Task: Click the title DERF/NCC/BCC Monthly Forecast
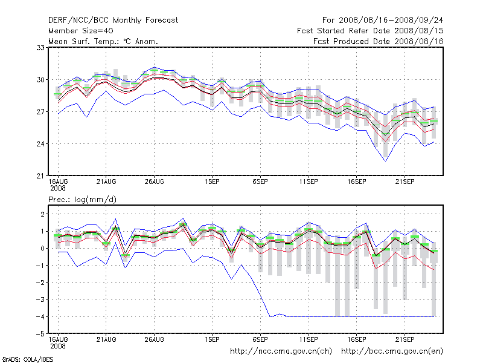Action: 113,20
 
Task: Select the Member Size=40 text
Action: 80,30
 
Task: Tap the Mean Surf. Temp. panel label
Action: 103,41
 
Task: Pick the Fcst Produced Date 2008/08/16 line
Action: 379,41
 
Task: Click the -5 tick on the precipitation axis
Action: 40,334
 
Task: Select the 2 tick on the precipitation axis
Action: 43,214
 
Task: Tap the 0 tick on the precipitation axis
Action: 43,249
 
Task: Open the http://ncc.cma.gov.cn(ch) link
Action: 281,351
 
